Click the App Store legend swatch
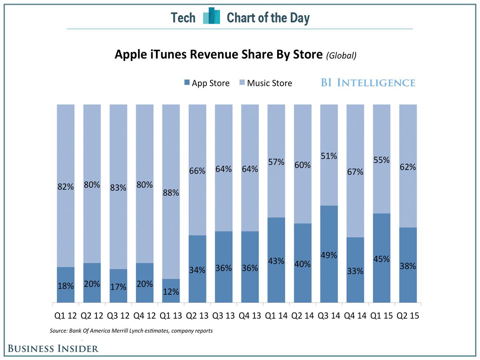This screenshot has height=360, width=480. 186,83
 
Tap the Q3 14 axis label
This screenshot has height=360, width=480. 329,316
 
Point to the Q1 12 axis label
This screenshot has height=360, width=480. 66,316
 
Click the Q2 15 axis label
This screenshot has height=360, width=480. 408,316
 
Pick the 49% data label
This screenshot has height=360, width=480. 329,255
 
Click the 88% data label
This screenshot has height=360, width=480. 171,193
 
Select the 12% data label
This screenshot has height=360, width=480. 171,291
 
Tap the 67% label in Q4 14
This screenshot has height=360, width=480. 355,172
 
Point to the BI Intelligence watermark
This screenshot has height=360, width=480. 368,83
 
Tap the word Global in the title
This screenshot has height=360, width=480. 341,56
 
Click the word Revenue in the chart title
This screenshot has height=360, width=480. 210,54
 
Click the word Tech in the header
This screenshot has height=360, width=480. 183,18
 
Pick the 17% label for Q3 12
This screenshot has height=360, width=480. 118,287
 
